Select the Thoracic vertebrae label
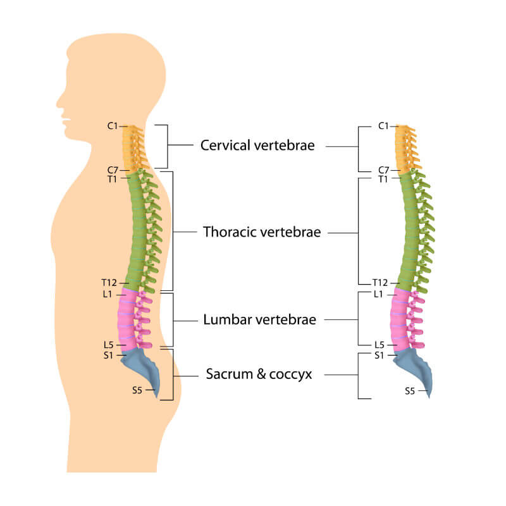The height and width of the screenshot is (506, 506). pyautogui.click(x=262, y=232)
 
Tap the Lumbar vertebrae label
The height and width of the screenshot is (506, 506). pyautogui.click(x=259, y=320)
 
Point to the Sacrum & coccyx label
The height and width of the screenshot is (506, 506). pyautogui.click(x=259, y=374)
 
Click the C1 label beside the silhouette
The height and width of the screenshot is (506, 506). pyautogui.click(x=113, y=126)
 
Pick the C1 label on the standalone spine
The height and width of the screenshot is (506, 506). pyautogui.click(x=383, y=126)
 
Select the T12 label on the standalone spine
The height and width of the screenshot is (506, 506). pyautogui.click(x=380, y=283)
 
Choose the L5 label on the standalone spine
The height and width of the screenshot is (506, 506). pyautogui.click(x=379, y=345)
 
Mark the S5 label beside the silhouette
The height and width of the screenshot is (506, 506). pyautogui.click(x=137, y=390)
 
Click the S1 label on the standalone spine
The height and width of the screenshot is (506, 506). pyautogui.click(x=379, y=355)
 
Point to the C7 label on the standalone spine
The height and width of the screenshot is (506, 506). pyautogui.click(x=383, y=170)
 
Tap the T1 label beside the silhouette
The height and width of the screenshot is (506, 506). pyautogui.click(x=112, y=179)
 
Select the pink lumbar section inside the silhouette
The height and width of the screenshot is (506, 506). pyautogui.click(x=126, y=319)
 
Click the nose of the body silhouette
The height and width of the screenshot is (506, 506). pyautogui.click(x=58, y=99)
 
